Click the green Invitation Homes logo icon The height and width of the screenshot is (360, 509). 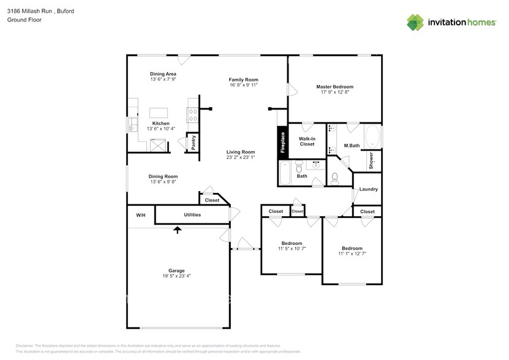415,22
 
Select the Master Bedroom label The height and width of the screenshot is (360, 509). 334,87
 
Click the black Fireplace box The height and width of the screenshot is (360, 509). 282,142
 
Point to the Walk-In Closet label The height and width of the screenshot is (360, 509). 306,141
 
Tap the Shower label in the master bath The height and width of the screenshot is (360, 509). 371,160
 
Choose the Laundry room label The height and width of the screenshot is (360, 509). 368,189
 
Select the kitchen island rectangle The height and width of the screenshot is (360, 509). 159,113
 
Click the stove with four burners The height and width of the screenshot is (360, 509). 192,112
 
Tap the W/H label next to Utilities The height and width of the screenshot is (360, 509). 140,215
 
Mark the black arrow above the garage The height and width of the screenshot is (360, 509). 178,230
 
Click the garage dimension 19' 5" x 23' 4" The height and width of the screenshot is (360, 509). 176,276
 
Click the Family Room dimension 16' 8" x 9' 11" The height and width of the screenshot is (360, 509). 243,85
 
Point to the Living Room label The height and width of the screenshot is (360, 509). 240,152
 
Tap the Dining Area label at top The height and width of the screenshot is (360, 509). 163,74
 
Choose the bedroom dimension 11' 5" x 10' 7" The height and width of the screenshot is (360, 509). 292,249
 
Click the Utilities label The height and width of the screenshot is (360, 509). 192,215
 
